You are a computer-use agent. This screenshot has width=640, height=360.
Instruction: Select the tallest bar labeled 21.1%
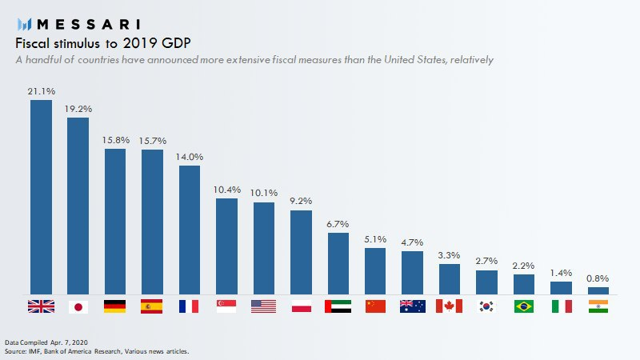(41, 197)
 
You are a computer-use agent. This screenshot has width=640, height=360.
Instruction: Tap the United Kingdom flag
(40, 306)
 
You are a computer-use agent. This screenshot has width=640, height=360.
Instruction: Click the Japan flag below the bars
(78, 306)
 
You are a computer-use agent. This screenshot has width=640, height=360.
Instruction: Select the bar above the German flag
(115, 221)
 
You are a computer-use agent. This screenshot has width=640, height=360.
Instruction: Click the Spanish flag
(152, 306)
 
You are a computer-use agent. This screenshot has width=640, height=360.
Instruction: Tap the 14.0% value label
(190, 157)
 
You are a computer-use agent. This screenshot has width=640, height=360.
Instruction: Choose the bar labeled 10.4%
(226, 246)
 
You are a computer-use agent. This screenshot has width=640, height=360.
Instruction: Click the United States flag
(263, 306)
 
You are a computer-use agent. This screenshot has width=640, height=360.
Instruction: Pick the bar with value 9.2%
(301, 252)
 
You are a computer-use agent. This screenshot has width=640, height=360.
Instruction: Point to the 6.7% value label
(338, 223)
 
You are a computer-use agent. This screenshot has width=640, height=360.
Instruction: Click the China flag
(375, 306)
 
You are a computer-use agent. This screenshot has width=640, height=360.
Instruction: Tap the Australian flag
(412, 306)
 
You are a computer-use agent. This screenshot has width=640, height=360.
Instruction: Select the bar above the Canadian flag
(450, 278)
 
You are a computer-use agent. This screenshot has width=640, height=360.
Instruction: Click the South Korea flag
(486, 306)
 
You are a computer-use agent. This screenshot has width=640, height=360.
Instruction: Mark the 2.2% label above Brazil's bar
(524, 266)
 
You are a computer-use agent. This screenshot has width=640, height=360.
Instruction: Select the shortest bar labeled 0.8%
(598, 290)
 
